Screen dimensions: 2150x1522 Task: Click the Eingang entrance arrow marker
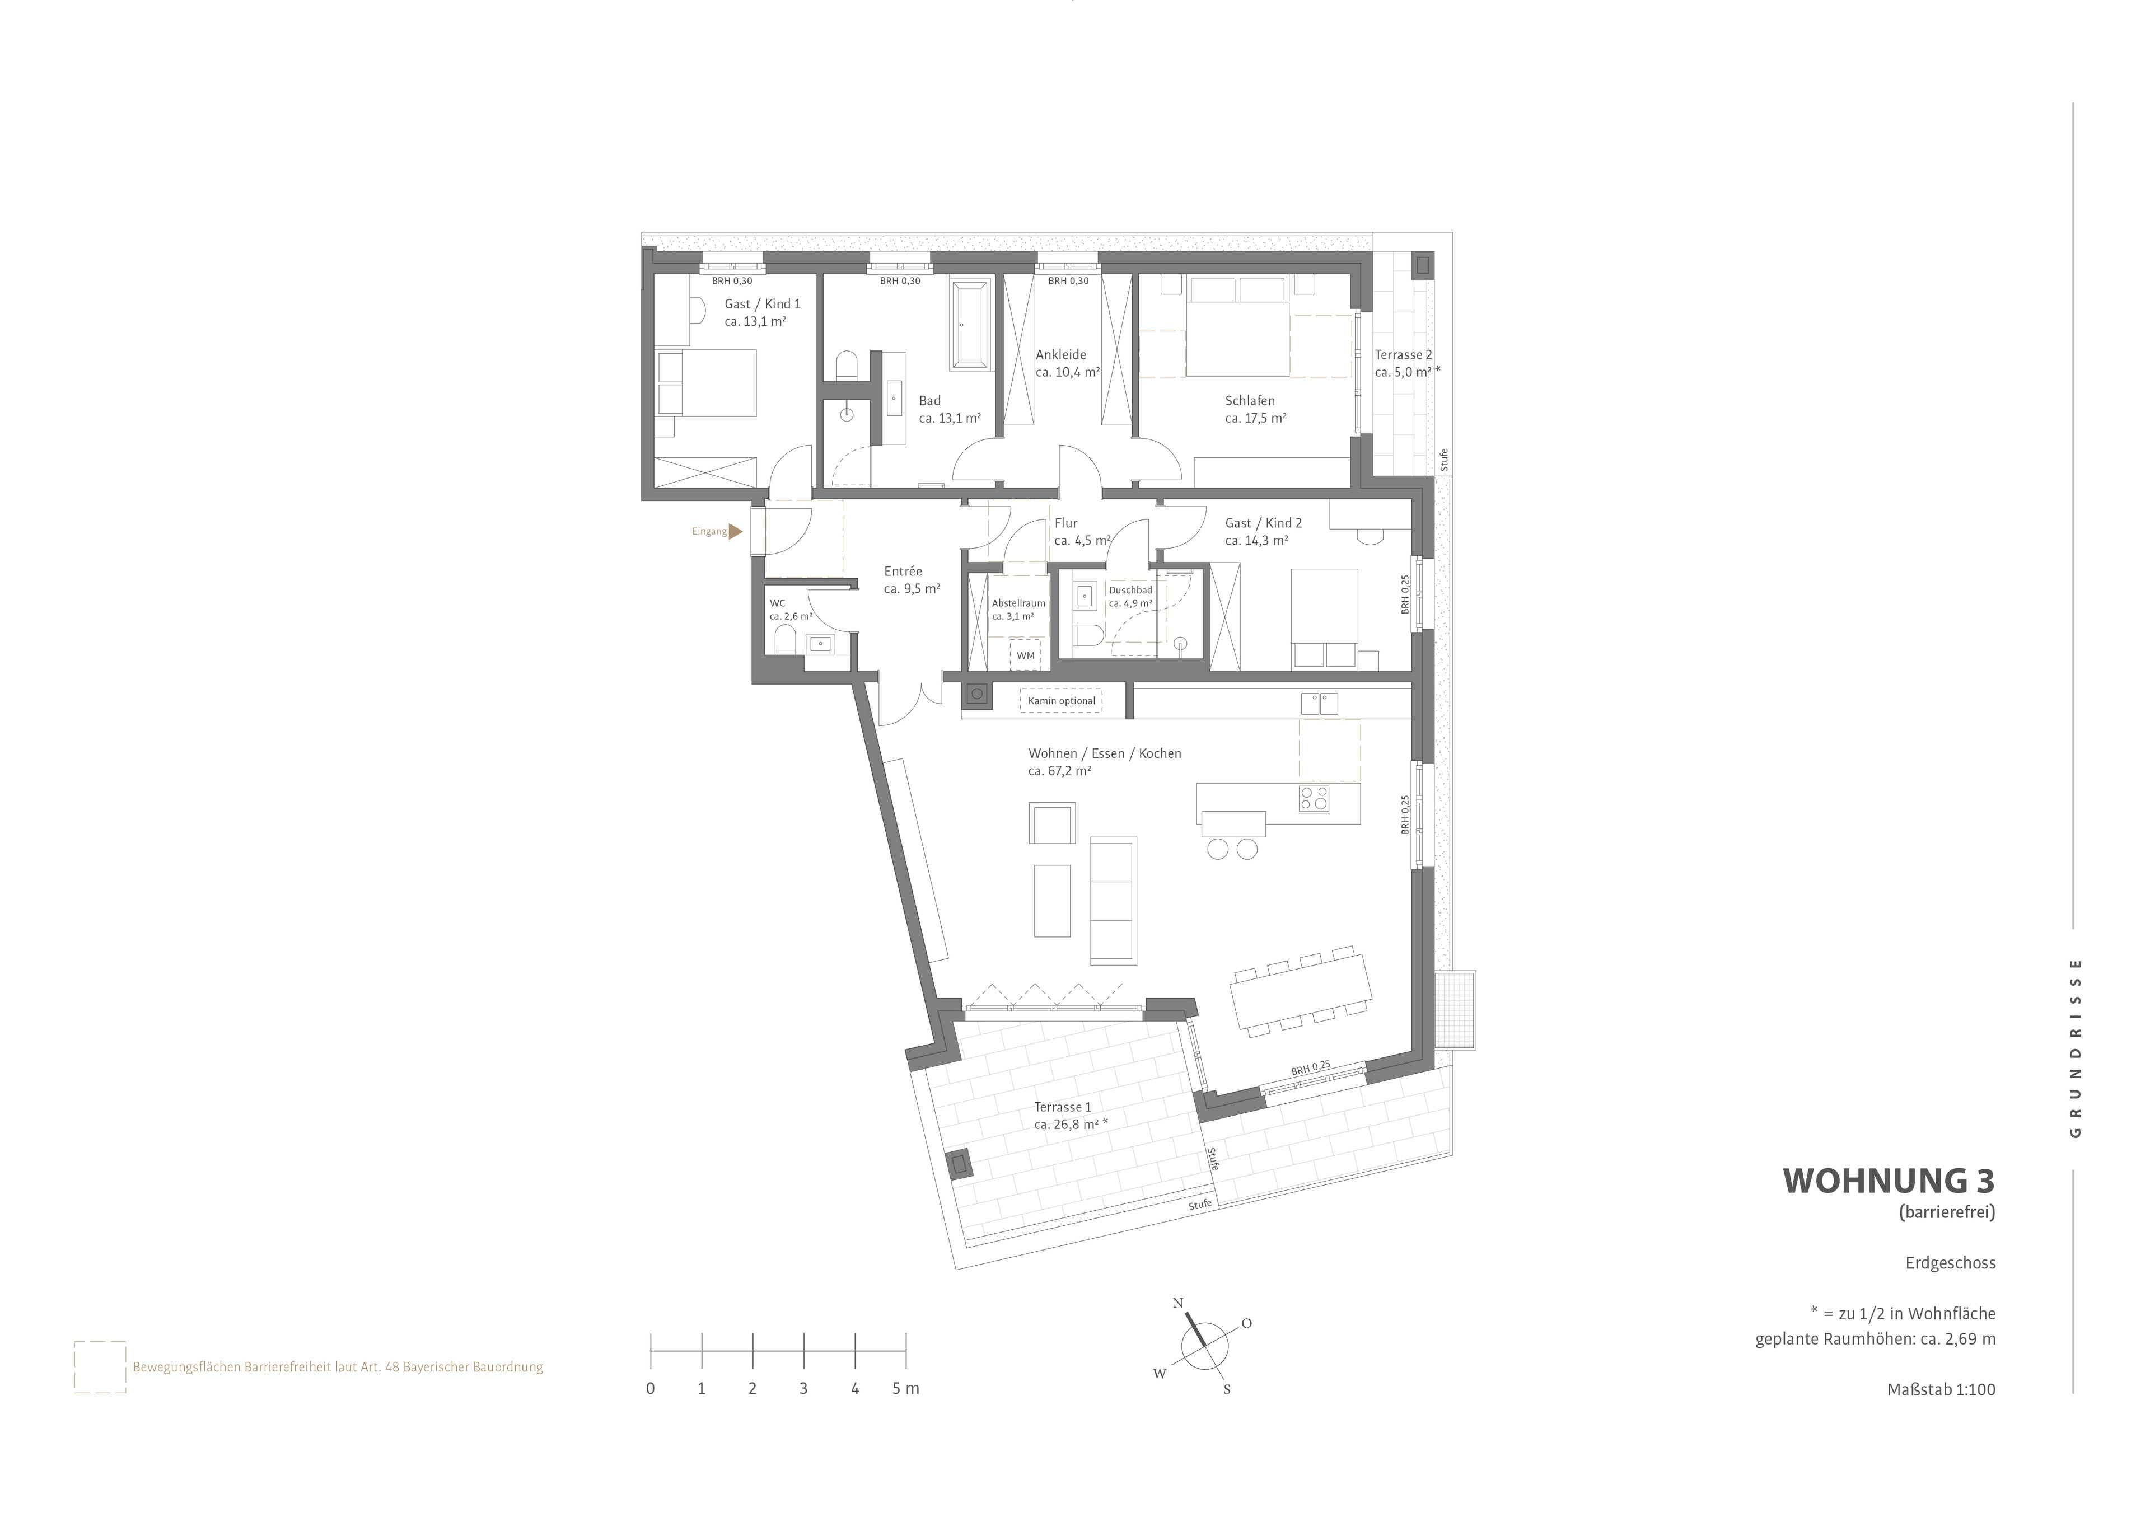tap(736, 531)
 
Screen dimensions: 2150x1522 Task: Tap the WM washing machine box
tap(1025, 655)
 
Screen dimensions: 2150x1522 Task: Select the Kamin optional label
tap(1061, 701)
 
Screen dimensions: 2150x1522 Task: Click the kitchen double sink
tap(1319, 704)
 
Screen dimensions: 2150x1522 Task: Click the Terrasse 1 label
tap(1062, 1107)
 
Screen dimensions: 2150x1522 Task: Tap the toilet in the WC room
tap(786, 640)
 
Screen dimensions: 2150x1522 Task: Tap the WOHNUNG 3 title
tap(1889, 1181)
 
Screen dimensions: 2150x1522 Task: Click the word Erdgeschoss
tap(1950, 1263)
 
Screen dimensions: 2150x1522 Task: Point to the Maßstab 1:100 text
tap(1941, 1390)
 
